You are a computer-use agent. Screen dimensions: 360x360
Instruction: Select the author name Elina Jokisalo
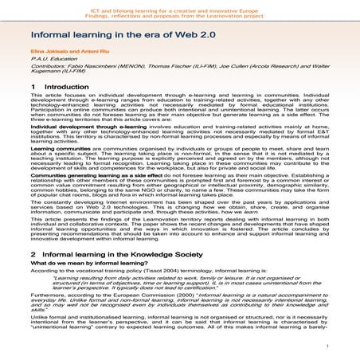(x=44, y=61)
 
